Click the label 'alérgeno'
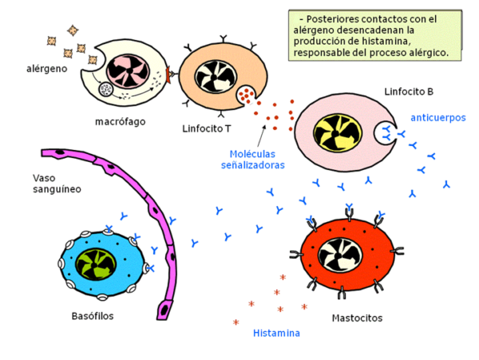point(47,69)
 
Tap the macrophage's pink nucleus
point(128,71)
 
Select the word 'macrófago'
point(121,121)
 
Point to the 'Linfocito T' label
point(207,129)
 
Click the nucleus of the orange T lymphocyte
point(216,77)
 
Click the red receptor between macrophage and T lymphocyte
point(168,74)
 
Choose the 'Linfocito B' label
point(409,92)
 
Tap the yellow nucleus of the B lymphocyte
point(338,133)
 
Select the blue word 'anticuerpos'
point(438,117)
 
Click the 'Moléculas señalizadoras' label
point(252,160)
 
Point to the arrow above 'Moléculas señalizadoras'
point(262,136)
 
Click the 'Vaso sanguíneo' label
point(57,184)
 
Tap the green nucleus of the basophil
point(96,264)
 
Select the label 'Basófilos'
point(93,316)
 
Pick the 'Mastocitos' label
point(357,318)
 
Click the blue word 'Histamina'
point(276,333)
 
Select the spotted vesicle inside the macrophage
point(106,89)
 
